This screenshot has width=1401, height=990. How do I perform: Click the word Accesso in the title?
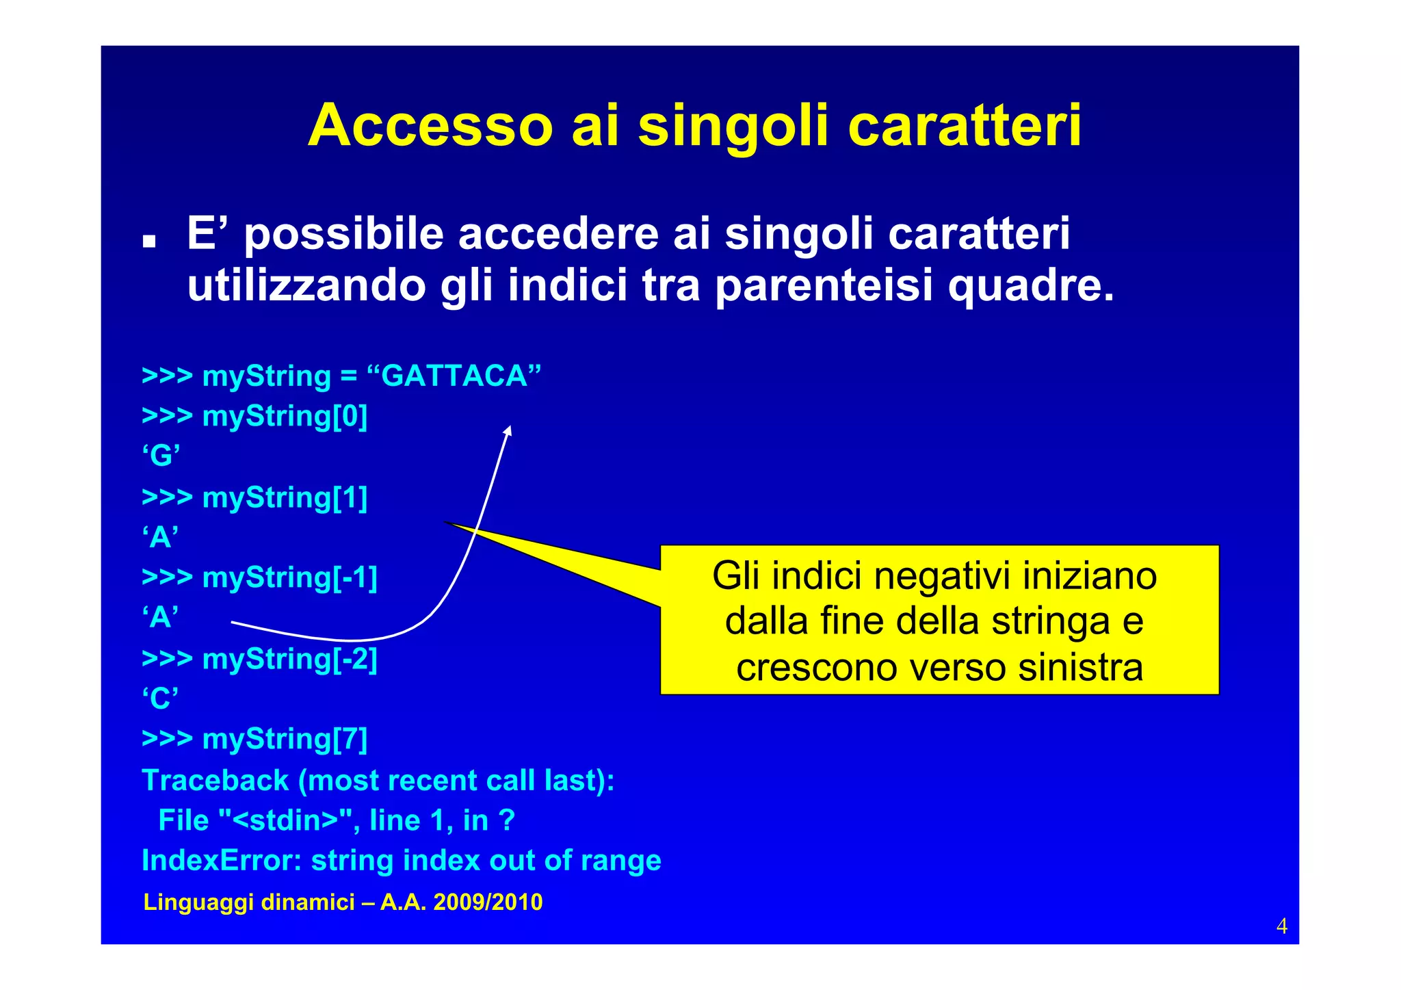pos(430,126)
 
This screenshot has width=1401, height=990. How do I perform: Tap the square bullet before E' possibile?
pos(148,242)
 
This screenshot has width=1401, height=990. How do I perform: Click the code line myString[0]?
pos(284,416)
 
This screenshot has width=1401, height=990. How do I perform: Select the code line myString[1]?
pos(284,497)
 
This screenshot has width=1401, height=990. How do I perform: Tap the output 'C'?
pos(161,699)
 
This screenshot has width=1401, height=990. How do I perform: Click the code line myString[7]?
pos(284,740)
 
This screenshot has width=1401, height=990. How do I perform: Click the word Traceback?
pos(215,781)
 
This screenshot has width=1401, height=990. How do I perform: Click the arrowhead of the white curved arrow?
pos(508,430)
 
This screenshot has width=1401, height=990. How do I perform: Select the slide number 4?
pos(1281,926)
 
